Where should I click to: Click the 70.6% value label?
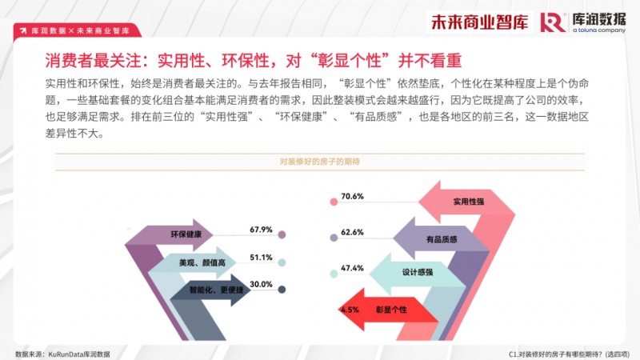(352, 196)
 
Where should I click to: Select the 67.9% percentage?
(261, 230)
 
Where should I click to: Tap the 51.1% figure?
(261, 258)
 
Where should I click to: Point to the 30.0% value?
(261, 285)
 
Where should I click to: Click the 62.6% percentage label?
(352, 232)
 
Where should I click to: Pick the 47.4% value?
(352, 268)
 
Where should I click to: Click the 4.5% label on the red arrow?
(350, 310)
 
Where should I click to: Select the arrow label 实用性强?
(469, 202)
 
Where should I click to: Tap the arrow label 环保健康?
(186, 234)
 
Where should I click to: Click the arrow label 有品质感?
(442, 239)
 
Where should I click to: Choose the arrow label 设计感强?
(417, 272)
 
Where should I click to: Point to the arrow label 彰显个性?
(391, 310)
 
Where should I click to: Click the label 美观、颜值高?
(202, 263)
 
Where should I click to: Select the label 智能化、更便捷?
(216, 290)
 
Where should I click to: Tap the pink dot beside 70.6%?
(334, 202)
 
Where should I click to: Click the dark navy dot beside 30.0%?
(282, 290)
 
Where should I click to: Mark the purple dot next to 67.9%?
(282, 234)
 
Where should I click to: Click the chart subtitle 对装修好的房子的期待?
(319, 162)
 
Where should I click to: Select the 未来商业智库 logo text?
(479, 22)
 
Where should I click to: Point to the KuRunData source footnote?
(62, 354)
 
